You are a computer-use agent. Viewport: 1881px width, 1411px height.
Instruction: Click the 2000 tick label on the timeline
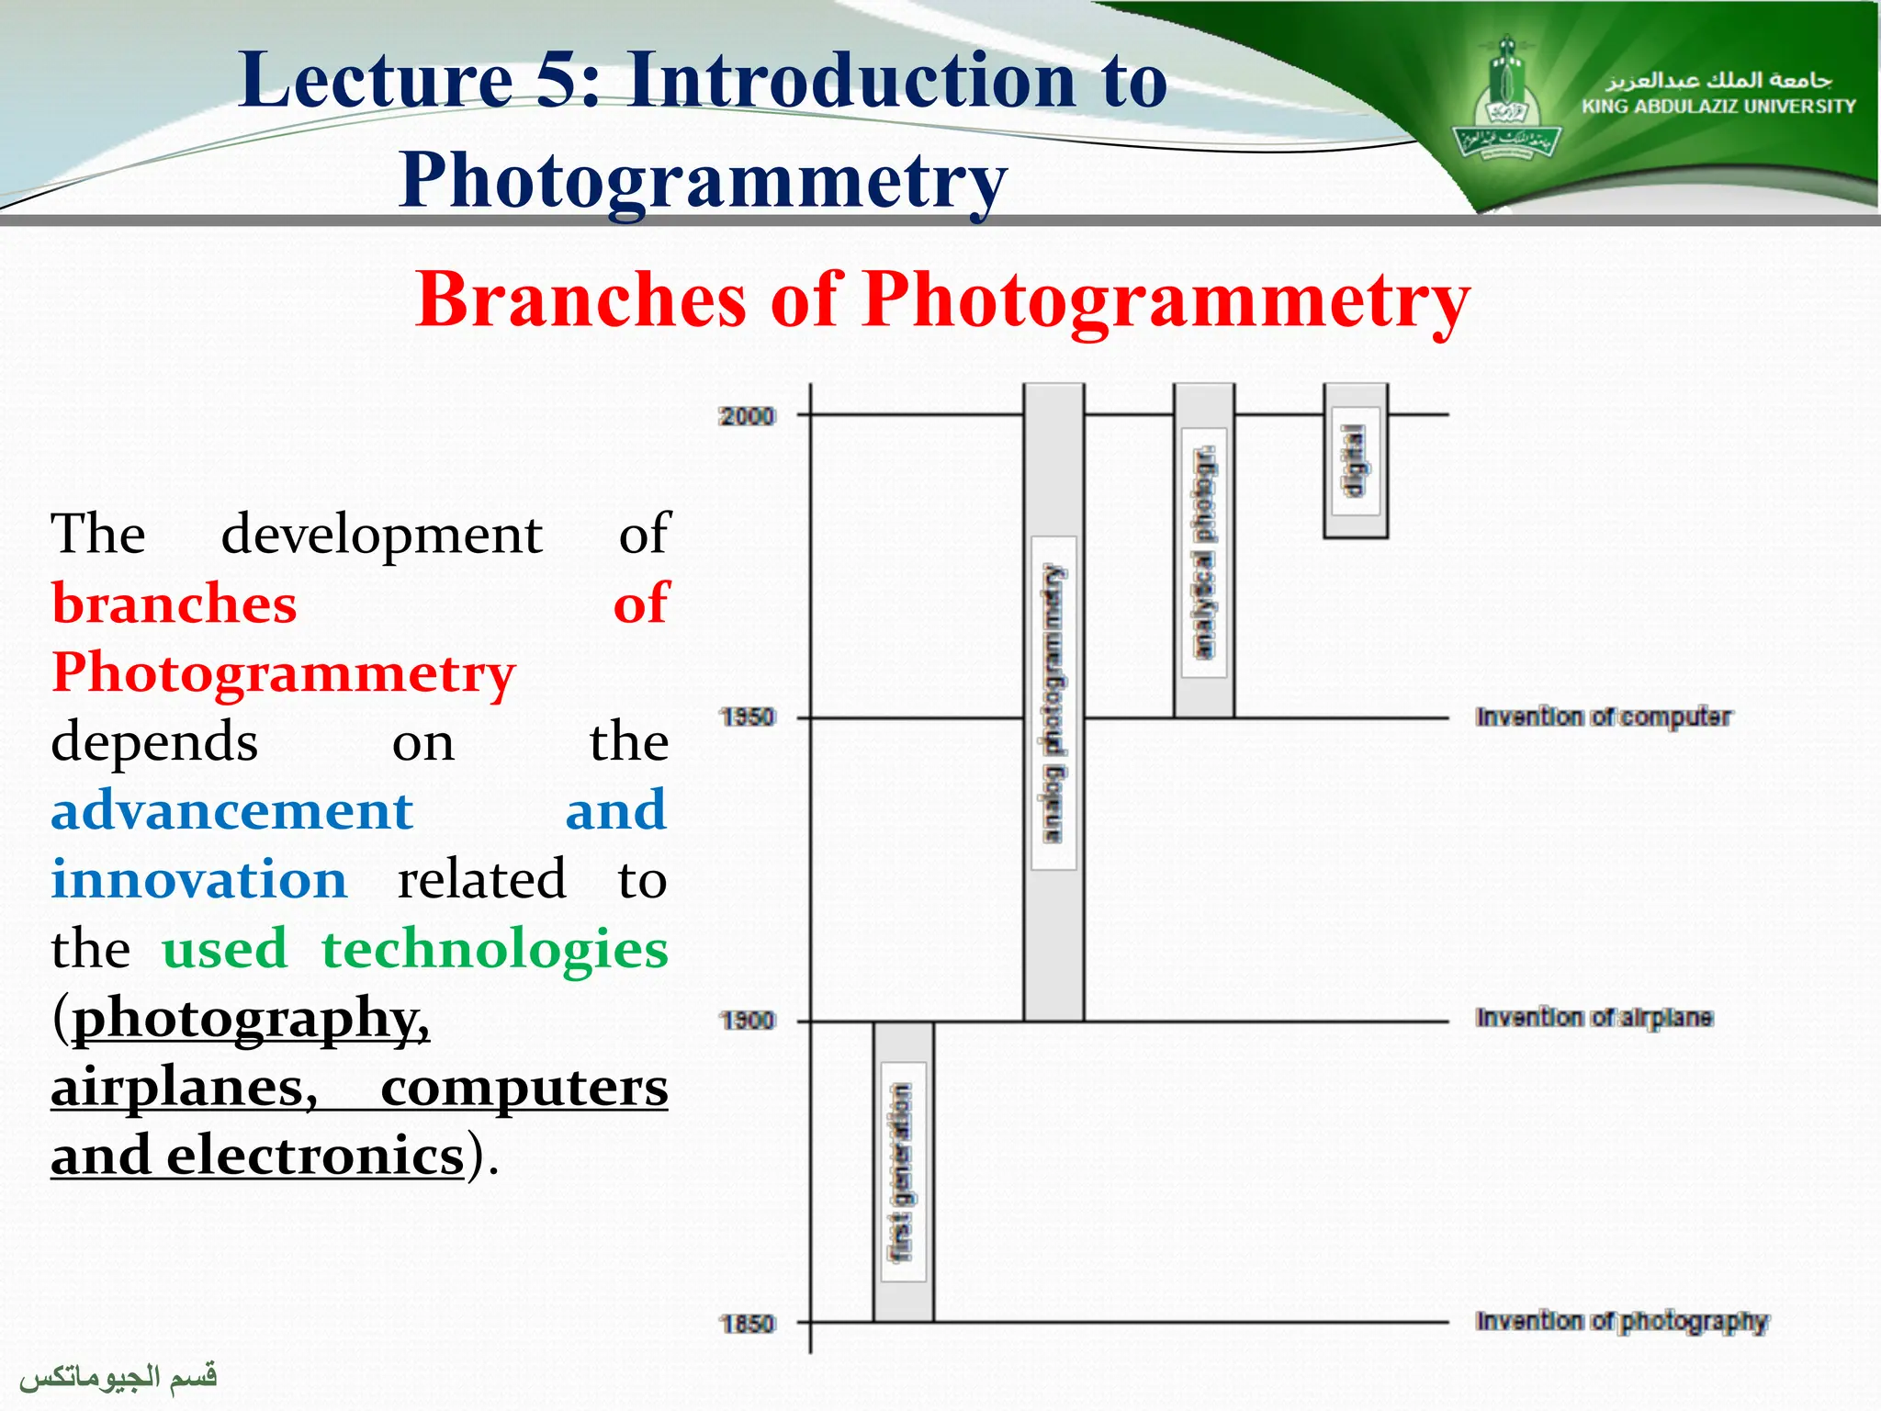tap(747, 416)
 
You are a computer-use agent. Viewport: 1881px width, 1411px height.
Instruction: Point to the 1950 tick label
tap(747, 717)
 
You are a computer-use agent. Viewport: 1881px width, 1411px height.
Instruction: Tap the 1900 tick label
tap(747, 1021)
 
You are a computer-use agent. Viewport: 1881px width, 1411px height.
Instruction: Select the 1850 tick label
tap(747, 1324)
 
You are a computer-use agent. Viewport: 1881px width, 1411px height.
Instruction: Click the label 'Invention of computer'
tap(1603, 717)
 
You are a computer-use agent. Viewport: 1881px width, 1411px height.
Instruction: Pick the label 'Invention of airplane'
tap(1594, 1018)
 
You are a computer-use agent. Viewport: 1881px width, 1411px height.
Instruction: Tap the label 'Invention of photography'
tap(1621, 1321)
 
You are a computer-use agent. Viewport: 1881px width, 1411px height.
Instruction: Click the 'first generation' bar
tap(903, 1171)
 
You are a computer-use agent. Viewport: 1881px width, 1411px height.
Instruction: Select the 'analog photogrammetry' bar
tap(1053, 703)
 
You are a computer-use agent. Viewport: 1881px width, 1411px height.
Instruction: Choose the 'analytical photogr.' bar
tap(1203, 551)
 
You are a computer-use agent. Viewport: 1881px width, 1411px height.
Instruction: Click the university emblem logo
tap(1506, 101)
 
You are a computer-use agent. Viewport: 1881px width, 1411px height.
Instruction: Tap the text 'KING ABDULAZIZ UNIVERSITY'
tap(1718, 107)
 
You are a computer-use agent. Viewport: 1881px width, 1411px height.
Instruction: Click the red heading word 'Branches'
tap(580, 299)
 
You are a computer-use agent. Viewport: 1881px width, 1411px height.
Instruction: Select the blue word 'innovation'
tap(199, 879)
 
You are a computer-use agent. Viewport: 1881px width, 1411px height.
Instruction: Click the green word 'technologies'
tap(494, 948)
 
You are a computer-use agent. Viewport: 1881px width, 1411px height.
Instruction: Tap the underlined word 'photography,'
tap(251, 1018)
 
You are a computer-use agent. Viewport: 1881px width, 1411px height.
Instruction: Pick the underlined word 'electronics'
tap(315, 1156)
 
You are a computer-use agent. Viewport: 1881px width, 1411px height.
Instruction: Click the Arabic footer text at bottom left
tap(118, 1376)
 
